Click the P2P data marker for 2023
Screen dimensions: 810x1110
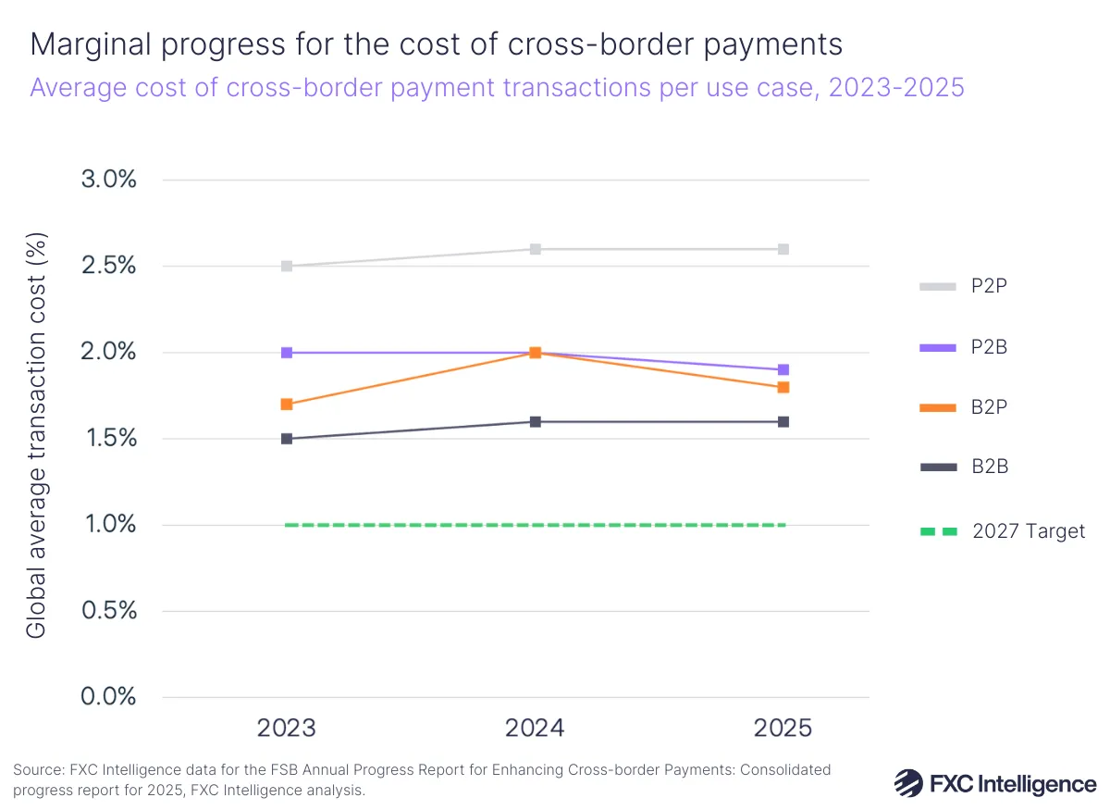point(287,267)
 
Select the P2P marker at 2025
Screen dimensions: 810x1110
point(783,249)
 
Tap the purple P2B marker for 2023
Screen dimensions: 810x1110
point(287,353)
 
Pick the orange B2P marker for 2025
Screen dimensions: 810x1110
point(783,387)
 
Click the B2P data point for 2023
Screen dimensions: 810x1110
point(287,405)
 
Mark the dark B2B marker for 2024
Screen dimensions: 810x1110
point(536,422)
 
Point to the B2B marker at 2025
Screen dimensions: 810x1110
point(783,422)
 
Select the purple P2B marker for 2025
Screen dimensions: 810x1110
point(783,370)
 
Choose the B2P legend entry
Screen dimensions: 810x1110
point(988,406)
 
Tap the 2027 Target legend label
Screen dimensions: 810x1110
point(1028,531)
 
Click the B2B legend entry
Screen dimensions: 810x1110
point(988,467)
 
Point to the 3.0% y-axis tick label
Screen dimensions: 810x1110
point(109,180)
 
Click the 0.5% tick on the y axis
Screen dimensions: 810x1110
point(109,611)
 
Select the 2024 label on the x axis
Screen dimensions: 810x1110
point(535,729)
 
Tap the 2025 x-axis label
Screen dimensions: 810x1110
point(783,729)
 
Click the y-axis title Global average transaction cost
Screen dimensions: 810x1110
point(36,435)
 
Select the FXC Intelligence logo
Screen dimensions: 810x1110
point(995,783)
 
